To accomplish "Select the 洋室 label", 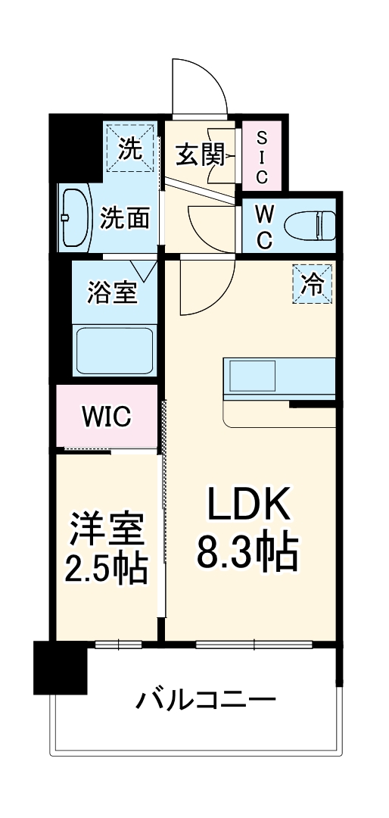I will (x=107, y=529).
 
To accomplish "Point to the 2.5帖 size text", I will (x=107, y=569).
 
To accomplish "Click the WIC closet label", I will (x=107, y=416).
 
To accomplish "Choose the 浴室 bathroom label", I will (x=113, y=292).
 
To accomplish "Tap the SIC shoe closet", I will (x=262, y=157).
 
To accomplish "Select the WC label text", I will (x=264, y=225).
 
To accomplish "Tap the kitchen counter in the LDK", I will (x=279, y=376).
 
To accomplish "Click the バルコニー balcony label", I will (x=205, y=699).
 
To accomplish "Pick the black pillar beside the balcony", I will (x=60, y=667).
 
